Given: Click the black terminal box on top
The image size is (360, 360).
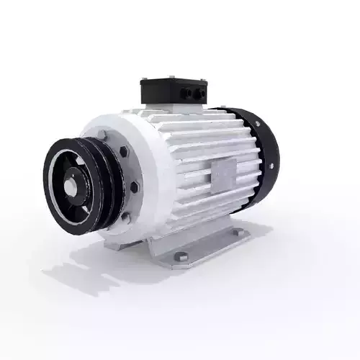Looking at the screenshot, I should (173, 90).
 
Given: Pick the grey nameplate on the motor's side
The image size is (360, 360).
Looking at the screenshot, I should (222, 171).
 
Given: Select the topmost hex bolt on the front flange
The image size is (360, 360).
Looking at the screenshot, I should (106, 134).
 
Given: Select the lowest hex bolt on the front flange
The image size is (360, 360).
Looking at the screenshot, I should (126, 215).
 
